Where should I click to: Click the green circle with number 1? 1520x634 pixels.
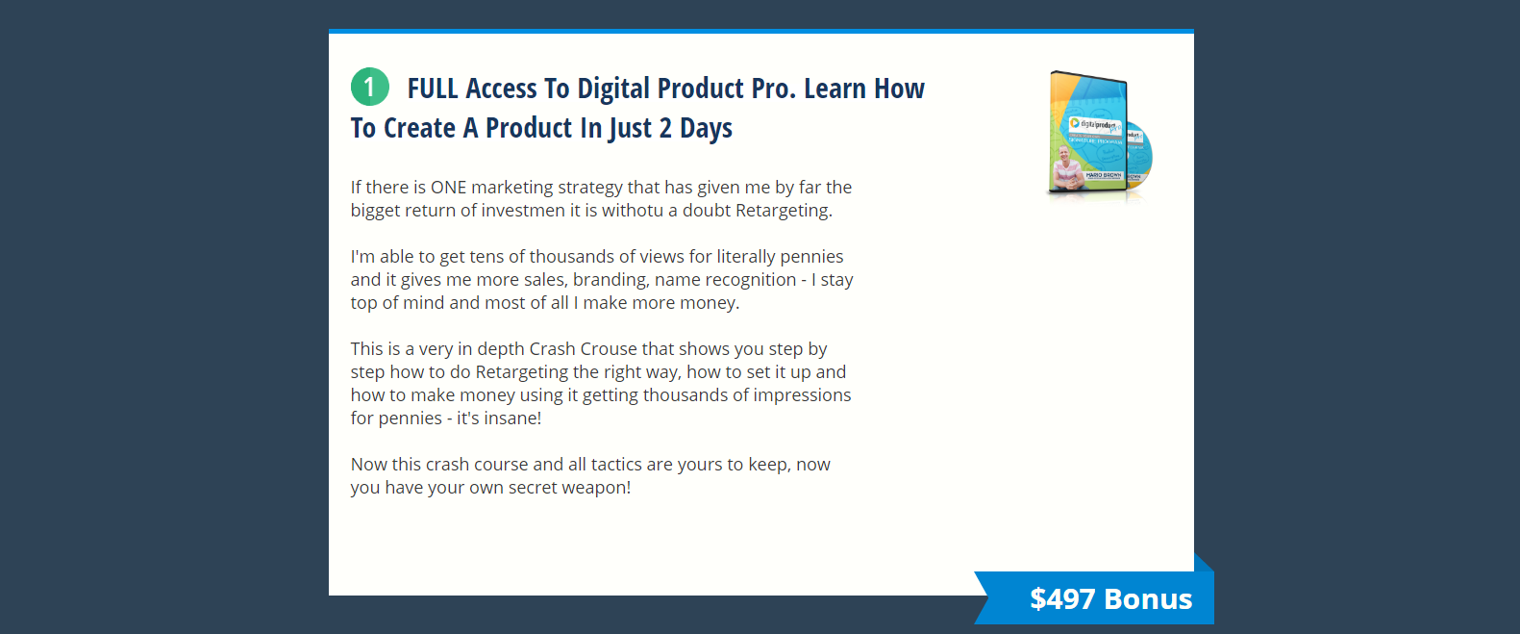370,87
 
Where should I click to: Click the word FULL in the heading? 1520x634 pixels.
433,89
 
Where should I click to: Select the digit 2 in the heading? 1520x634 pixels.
665,128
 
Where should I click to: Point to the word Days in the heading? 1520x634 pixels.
707,129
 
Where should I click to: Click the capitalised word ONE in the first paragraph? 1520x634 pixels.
449,188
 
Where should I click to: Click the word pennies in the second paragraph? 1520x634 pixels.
811,257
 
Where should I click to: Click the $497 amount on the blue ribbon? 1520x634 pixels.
1062,598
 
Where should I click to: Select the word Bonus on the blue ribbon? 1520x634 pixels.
1148,599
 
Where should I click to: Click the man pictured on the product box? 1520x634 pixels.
1067,167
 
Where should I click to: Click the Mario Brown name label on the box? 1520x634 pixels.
1104,175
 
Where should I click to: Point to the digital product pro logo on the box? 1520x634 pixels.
1094,125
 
